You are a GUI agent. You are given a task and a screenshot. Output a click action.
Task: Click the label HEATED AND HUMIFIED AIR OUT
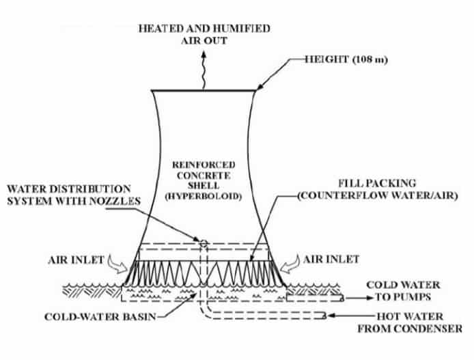204,34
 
